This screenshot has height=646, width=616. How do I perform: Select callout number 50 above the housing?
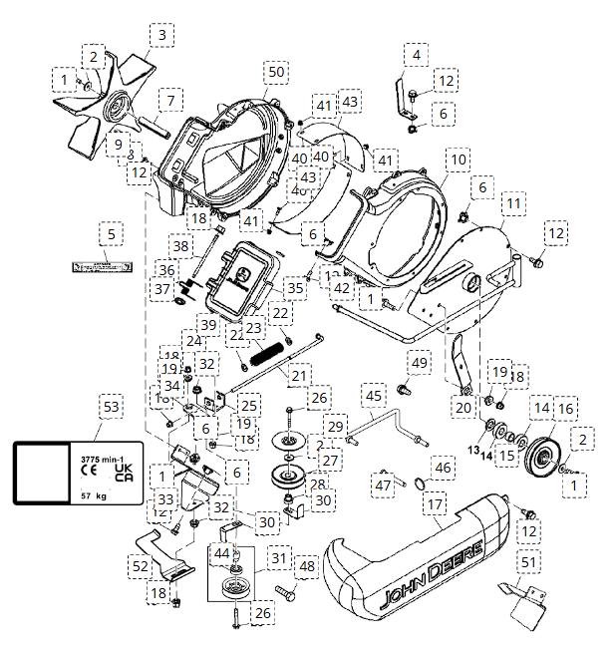(x=276, y=73)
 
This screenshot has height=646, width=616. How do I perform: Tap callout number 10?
(x=457, y=160)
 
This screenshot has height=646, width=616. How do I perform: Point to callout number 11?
(x=513, y=203)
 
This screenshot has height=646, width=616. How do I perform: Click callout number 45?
(x=373, y=397)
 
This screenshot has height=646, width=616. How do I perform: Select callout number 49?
(x=419, y=362)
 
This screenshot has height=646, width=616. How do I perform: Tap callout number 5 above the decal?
(x=112, y=234)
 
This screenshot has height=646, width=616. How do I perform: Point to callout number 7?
(x=171, y=101)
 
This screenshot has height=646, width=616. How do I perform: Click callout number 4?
(x=416, y=54)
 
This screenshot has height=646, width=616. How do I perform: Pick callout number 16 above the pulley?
(x=565, y=408)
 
